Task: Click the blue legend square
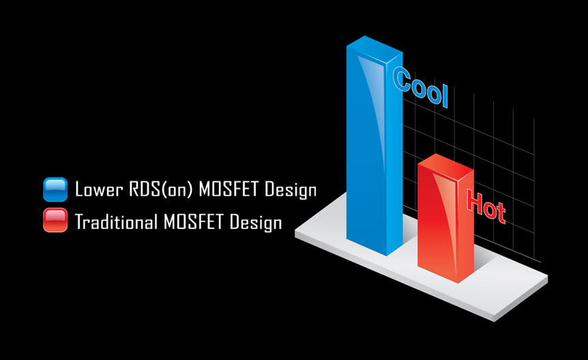[x=55, y=190]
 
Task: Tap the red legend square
[x=55, y=220]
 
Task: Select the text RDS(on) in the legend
[x=161, y=189]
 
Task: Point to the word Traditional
[x=116, y=221]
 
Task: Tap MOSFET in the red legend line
[x=194, y=221]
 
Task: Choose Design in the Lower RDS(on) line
[x=291, y=190]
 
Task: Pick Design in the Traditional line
[x=256, y=222]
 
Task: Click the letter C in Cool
[x=402, y=78]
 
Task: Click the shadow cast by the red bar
[x=484, y=259]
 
